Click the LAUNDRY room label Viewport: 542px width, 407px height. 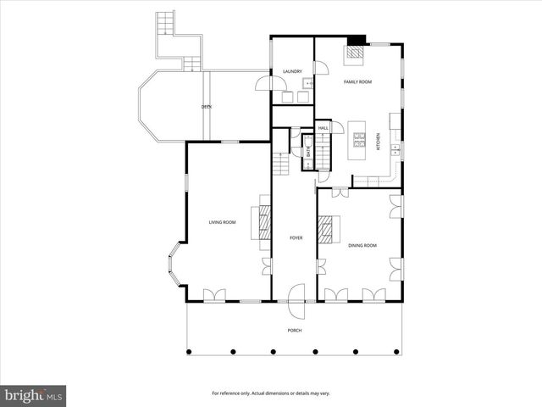click(292, 71)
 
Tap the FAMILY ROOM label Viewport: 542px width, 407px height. click(357, 82)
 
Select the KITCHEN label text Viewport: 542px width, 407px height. click(378, 143)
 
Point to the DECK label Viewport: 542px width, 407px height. click(207, 107)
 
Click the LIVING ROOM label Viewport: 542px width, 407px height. click(223, 222)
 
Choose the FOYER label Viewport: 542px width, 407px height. click(296, 238)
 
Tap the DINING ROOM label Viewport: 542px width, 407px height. click(362, 245)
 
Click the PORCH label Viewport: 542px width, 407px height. click(294, 330)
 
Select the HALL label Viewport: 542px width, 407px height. click(323, 128)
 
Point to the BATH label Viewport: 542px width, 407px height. click(308, 153)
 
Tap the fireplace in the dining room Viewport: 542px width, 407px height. click(327, 231)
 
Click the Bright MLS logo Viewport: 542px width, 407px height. click(34, 394)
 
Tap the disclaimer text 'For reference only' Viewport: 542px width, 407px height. click(271, 393)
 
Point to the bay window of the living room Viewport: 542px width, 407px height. click(177, 267)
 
